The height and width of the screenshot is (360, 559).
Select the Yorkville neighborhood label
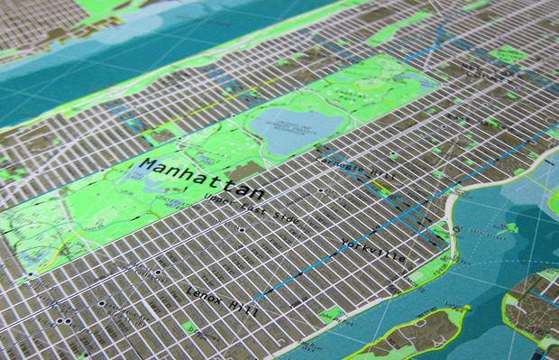click(x=371, y=250)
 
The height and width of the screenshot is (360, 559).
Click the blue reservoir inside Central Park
click(x=298, y=127)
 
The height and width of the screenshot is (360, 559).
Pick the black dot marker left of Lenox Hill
click(x=159, y=272)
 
